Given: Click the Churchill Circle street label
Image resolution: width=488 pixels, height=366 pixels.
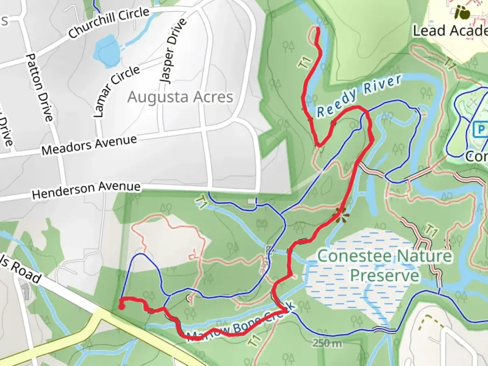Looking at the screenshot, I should tap(109, 23).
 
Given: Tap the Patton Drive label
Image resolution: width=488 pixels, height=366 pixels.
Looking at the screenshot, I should tap(39, 87).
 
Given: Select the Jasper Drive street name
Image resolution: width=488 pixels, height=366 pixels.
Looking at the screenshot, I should tap(173, 51).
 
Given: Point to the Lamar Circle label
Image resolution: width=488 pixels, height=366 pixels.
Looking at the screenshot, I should tap(116, 90).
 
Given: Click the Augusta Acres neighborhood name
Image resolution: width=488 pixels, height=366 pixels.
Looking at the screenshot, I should tap(180, 97).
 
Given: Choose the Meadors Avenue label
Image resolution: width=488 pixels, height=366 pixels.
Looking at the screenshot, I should tap(89, 145).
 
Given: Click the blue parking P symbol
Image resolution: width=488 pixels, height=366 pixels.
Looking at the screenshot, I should tap(481, 129).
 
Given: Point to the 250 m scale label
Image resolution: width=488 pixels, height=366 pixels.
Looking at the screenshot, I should tap(327, 343).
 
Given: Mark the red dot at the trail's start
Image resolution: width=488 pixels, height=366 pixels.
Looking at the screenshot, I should tap(121, 307).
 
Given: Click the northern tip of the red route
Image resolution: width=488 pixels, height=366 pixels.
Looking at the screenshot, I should tap(318, 29).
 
